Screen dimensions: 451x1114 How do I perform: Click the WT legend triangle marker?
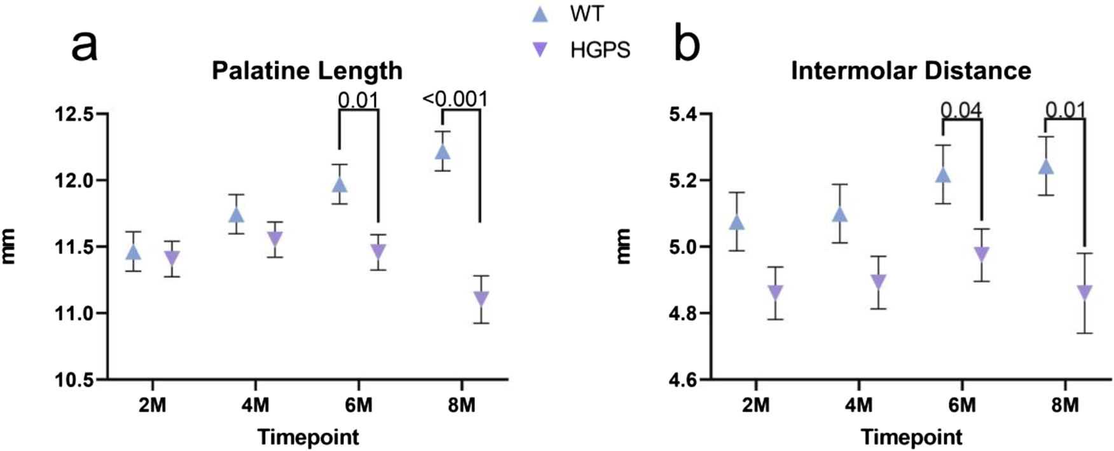[540, 14]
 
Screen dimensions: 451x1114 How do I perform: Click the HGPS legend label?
[600, 50]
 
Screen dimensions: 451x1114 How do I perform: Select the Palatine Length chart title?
[307, 71]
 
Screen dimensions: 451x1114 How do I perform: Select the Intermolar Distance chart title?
[911, 71]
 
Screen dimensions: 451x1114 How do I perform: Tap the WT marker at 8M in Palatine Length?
[443, 152]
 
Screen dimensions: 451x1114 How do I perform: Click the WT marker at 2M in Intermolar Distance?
[737, 222]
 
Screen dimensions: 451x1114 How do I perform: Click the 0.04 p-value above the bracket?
[961, 110]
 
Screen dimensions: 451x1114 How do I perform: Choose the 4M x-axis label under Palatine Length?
[255, 405]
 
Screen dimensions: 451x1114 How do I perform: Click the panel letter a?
[85, 46]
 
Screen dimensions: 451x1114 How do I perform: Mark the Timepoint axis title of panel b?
[911, 437]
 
